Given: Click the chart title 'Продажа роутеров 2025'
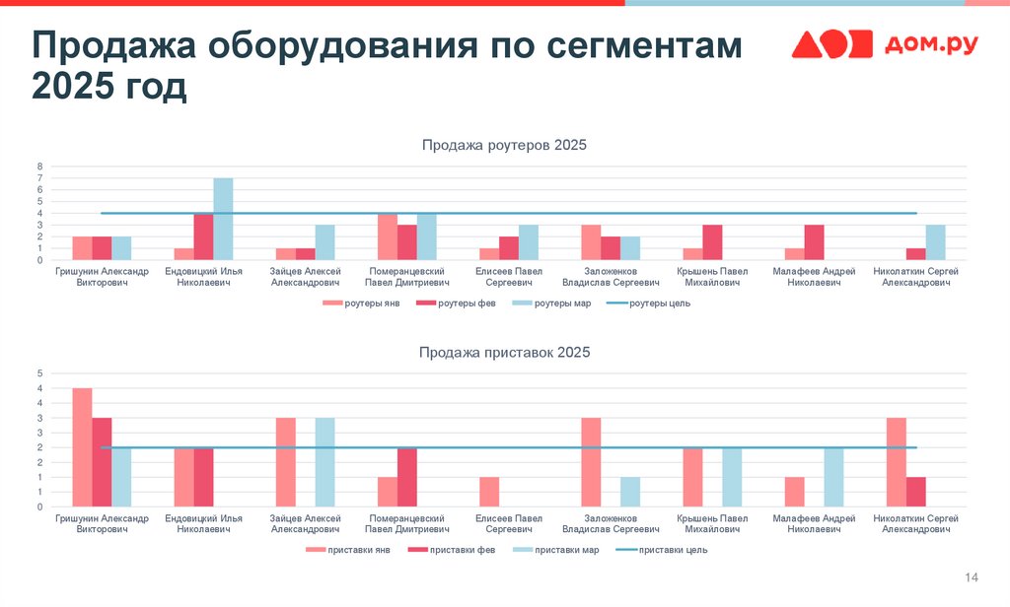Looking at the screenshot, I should pos(504,146).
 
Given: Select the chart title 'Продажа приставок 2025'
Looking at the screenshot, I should pos(504,352).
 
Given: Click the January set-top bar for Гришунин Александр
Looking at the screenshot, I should pos(82,447).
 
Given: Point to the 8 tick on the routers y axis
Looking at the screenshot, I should pos(40,166).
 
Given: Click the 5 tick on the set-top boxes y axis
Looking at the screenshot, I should pos(40,373).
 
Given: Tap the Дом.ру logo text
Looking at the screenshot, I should pos(931,44).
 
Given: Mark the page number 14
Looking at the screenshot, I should pos(971,576).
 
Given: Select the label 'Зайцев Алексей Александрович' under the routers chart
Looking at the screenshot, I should pos(306,277).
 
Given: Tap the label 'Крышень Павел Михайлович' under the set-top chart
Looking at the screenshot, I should pos(712,523).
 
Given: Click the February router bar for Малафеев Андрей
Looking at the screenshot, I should pos(815,242).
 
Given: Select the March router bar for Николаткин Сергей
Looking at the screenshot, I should pos(936,242).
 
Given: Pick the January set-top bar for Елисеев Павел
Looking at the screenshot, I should pos(489,492).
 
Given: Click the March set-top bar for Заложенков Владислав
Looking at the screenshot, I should pos(630,492).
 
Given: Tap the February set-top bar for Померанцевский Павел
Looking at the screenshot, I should pos(407,477).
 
